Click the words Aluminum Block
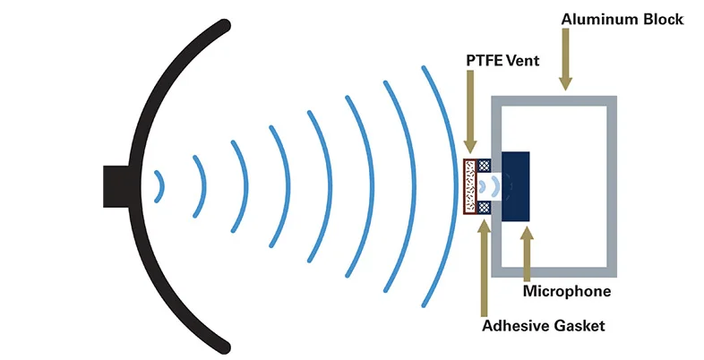pyautogui.click(x=622, y=19)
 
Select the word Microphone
pyautogui.click(x=567, y=292)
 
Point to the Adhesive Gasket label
pyautogui.click(x=543, y=325)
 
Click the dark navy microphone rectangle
pyautogui.click(x=516, y=186)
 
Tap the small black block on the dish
pyautogui.click(x=117, y=186)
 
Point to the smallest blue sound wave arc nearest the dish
pyautogui.click(x=159, y=186)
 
